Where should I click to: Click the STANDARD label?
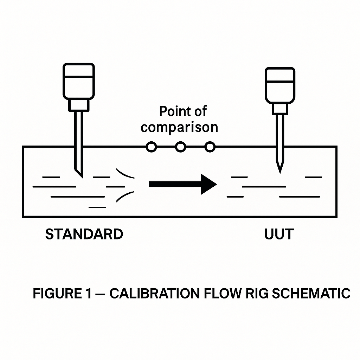pyautogui.click(x=84, y=234)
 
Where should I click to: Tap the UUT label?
pyautogui.click(x=279, y=234)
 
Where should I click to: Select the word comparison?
pyautogui.click(x=179, y=127)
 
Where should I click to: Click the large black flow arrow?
pyautogui.click(x=182, y=184)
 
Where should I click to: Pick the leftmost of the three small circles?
pyautogui.click(x=151, y=147)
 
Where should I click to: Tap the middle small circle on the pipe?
pyautogui.click(x=180, y=147)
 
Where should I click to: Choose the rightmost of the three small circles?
pyautogui.click(x=210, y=147)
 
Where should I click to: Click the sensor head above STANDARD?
pyautogui.click(x=78, y=81)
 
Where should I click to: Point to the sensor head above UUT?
pyautogui.click(x=280, y=85)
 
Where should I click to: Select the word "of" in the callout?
pyautogui.click(x=199, y=112)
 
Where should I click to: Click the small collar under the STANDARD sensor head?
pyautogui.click(x=78, y=105)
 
